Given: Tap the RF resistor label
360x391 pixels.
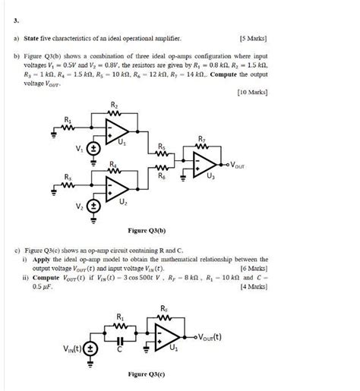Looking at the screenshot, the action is point(165,308).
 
